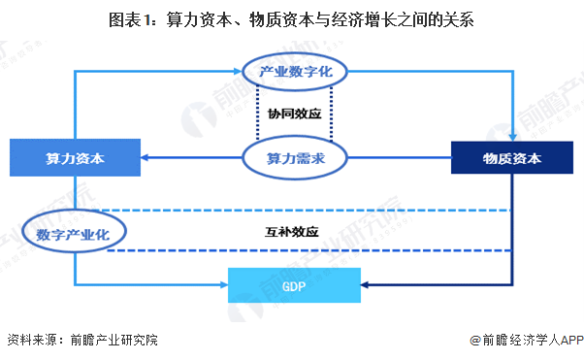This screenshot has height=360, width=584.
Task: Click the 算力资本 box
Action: point(75,157)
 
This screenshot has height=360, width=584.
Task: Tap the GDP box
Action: point(293,284)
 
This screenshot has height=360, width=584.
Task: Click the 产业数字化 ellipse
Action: point(295,73)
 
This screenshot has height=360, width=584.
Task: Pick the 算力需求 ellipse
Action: point(295,157)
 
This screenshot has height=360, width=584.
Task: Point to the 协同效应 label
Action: point(295,113)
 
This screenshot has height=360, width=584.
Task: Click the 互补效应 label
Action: point(293,232)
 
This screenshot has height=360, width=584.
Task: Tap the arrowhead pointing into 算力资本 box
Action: point(146,157)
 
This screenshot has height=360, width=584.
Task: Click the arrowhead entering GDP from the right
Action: point(364,284)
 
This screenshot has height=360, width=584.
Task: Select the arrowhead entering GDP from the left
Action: point(223,284)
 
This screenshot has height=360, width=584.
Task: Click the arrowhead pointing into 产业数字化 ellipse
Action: point(241,71)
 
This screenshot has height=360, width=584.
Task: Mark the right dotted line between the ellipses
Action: point(332,113)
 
